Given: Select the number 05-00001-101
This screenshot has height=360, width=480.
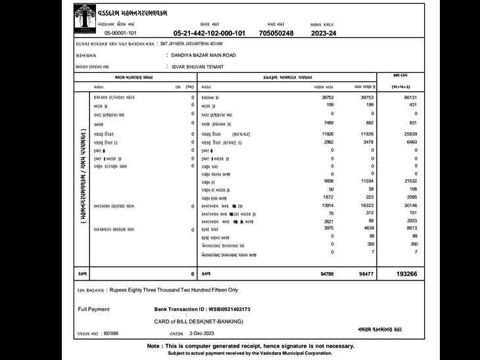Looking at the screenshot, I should [x=120, y=32].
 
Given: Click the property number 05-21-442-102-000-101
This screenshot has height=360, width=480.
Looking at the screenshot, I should [x=209, y=32].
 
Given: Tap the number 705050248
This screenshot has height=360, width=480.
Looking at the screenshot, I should [x=278, y=32].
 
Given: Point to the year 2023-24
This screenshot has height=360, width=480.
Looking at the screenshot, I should [x=323, y=32].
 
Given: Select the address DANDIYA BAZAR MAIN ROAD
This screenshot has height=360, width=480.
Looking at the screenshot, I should [x=203, y=56].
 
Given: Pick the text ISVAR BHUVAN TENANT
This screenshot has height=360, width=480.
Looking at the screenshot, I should [x=197, y=67].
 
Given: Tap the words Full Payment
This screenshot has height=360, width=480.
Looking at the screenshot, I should [x=94, y=309].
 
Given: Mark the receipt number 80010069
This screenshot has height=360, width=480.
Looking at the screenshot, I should [x=110, y=334].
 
